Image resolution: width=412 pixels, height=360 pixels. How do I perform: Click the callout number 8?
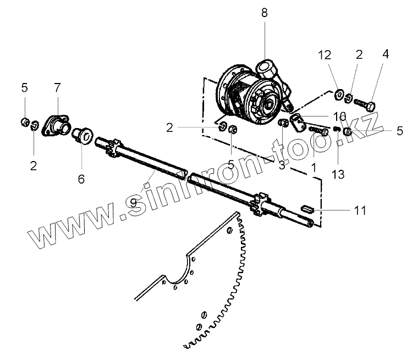(x=264, y=13)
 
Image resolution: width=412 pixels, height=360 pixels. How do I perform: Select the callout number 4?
(x=385, y=54)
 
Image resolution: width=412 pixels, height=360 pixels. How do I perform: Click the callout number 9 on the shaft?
(x=133, y=203)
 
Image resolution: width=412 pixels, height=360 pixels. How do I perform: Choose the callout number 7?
(x=57, y=87)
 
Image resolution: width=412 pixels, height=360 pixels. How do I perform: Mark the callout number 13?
(x=338, y=174)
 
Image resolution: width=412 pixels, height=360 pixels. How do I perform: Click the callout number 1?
(x=314, y=165)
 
